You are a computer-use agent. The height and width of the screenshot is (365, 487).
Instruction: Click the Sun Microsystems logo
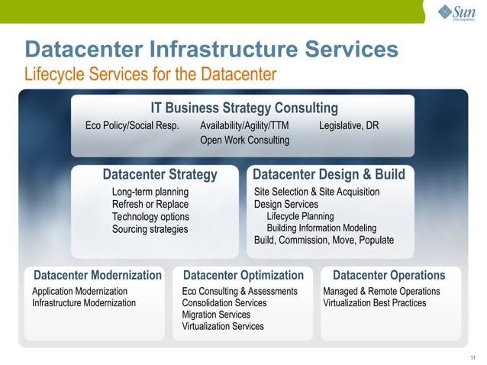[x=456, y=13]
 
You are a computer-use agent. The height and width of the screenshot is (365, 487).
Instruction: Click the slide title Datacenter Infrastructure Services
[x=211, y=50]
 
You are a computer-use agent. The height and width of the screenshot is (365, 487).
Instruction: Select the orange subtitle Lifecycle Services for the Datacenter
[x=150, y=74]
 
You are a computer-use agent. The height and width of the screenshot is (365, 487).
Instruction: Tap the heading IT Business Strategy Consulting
[x=243, y=108]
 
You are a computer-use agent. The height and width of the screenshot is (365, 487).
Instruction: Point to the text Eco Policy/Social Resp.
[x=132, y=125]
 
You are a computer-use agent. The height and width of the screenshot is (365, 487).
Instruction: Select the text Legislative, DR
[x=349, y=125]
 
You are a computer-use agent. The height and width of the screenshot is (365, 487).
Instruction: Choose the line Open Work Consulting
[x=244, y=141]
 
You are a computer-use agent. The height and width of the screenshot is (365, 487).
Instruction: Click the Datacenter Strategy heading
[x=160, y=175]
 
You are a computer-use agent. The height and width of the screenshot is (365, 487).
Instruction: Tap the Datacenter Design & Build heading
[x=328, y=175]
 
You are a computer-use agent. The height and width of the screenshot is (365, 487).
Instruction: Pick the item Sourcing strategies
[x=150, y=229]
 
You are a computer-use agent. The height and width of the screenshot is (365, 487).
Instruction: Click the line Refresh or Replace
[x=150, y=204]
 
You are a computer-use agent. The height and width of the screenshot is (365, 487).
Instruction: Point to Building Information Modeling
[x=321, y=228]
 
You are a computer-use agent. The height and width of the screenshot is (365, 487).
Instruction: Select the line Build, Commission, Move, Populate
[x=324, y=240]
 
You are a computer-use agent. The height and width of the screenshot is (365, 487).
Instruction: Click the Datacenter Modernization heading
[x=97, y=275]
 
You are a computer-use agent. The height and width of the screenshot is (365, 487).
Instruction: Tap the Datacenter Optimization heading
[x=243, y=275]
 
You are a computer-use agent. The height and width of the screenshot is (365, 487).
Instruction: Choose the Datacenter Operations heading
[x=389, y=275]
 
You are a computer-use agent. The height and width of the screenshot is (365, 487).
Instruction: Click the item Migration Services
[x=216, y=315]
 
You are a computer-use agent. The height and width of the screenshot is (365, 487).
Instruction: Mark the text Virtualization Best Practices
[x=374, y=303]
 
